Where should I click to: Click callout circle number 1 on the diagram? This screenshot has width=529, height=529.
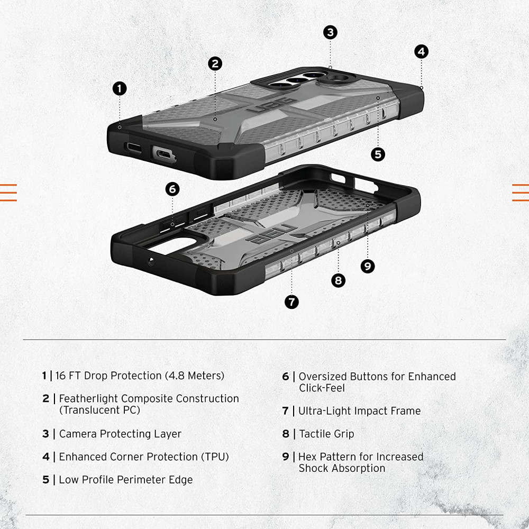[120, 88]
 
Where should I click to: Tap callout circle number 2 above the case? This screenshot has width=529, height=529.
[215, 64]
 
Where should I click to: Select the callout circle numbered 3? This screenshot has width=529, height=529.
[330, 32]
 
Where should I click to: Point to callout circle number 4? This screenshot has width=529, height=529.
[421, 51]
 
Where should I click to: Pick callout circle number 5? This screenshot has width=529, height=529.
[378, 154]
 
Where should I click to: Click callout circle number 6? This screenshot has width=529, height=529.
[172, 189]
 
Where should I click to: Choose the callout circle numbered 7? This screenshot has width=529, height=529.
[291, 302]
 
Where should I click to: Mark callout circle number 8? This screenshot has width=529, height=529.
[339, 280]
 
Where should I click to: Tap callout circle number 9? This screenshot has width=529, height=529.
[368, 266]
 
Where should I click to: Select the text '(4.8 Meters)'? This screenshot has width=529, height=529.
[195, 376]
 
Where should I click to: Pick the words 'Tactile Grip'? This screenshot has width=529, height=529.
[326, 434]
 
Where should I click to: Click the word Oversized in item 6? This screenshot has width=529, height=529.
[322, 377]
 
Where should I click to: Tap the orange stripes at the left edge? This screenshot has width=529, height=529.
[8, 193]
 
